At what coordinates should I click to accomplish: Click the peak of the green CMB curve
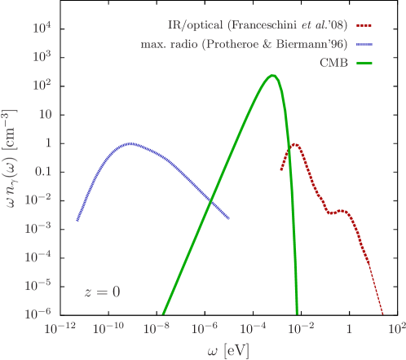273,76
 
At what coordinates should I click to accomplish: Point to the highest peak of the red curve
293,145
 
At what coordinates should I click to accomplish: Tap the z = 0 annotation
103,292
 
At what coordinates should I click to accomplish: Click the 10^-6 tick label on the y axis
41,313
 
